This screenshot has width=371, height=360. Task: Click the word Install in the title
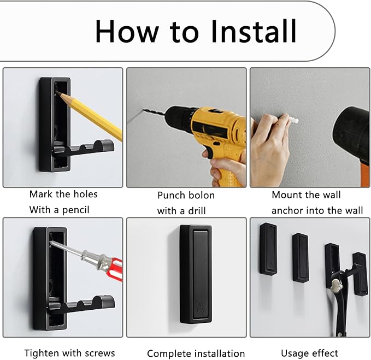click(253, 31)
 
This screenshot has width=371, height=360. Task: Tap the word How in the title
click(127, 31)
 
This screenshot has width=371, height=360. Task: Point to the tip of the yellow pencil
click(57, 92)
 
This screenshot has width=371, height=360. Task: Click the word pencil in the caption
click(76, 210)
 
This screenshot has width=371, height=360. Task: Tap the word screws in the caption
click(100, 353)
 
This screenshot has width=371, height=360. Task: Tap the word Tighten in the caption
click(41, 353)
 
